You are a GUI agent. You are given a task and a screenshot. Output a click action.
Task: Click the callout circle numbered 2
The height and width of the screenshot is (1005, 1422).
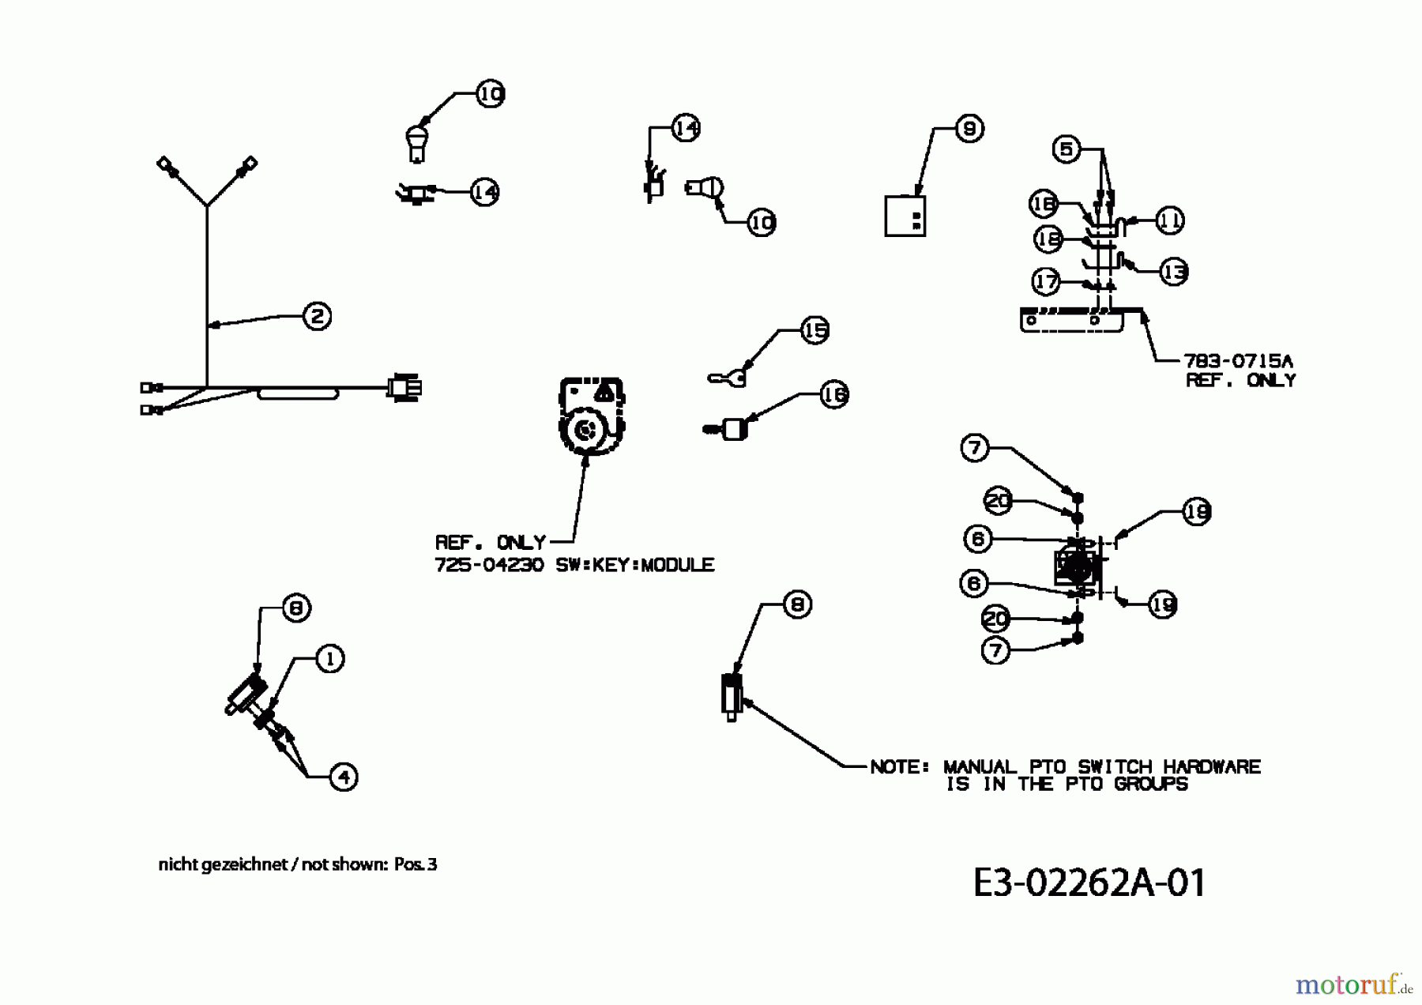[x=317, y=317]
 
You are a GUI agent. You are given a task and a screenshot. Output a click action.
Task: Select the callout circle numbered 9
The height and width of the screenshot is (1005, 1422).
[x=969, y=129]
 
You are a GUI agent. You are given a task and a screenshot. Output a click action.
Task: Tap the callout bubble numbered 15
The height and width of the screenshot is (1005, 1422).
[x=814, y=330]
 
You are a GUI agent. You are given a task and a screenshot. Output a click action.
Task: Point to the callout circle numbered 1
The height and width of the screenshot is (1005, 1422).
[x=329, y=658]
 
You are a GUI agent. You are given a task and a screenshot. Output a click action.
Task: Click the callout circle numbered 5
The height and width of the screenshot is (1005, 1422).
[x=1066, y=149]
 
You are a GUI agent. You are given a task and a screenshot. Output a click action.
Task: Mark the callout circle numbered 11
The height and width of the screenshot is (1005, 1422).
[x=1169, y=220]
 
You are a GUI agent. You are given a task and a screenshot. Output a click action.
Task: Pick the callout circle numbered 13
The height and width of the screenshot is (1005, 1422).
[x=1174, y=272]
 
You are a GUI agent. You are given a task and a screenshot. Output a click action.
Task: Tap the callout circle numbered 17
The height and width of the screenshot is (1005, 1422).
[x=1046, y=280]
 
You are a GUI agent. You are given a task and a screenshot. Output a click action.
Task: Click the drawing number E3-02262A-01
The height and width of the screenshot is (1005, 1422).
[x=1089, y=883]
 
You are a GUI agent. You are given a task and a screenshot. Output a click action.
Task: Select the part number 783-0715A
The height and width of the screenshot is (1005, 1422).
[x=1237, y=361]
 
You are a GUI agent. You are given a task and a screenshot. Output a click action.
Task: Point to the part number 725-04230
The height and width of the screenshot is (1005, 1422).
[x=489, y=565]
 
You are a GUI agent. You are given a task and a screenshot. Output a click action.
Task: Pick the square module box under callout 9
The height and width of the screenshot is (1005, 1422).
[x=905, y=216]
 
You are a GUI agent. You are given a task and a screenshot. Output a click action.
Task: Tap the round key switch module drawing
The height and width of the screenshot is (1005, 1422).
[x=590, y=419]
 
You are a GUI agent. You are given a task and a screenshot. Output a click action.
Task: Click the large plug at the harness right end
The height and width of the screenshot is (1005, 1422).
[x=404, y=388]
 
